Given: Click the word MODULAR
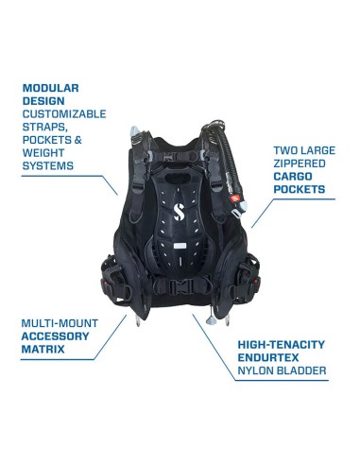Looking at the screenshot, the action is click(52, 87).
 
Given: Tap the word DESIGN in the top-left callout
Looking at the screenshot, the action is click(43, 103).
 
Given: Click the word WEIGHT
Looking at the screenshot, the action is click(46, 151).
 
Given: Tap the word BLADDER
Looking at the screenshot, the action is click(302, 375).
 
